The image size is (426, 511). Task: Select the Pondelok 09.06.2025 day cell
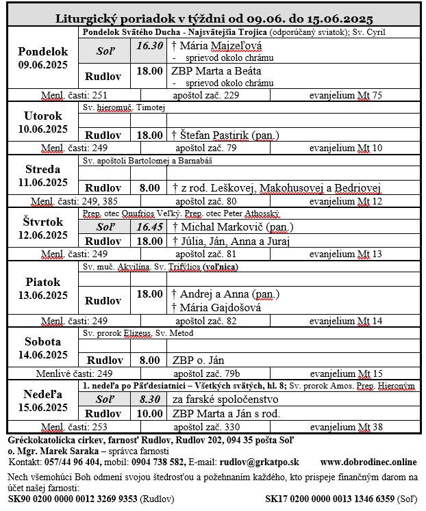pyautogui.click(x=42, y=57)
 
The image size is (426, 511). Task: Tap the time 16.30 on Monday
pyautogui.click(x=149, y=46)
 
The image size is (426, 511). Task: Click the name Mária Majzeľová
pyautogui.click(x=212, y=46)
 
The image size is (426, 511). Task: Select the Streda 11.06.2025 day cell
pyautogui.click(x=42, y=174)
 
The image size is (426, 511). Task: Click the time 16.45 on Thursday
pyautogui.click(x=149, y=226)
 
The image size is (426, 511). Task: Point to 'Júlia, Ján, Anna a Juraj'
pyautogui.click(x=231, y=241)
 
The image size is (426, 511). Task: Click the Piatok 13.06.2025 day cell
pyautogui.click(x=42, y=288)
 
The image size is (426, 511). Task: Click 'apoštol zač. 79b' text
pyautogui.click(x=207, y=374)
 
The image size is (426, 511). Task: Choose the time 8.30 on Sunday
pyautogui.click(x=149, y=399)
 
